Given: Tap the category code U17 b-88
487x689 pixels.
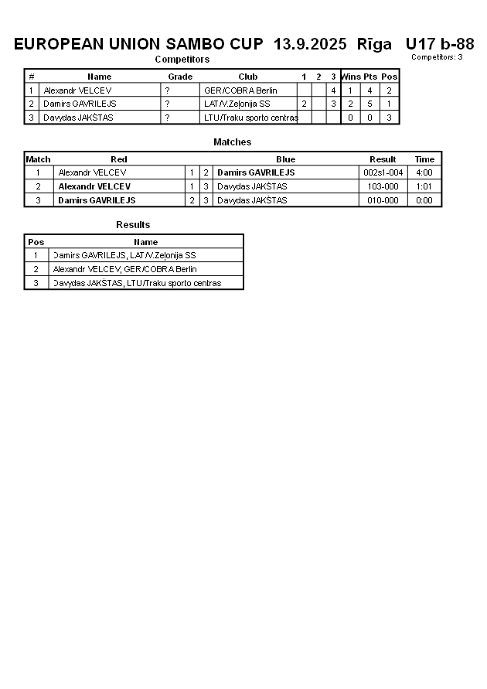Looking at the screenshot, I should pyautogui.click(x=439, y=44).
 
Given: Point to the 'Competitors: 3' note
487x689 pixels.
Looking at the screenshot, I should pyautogui.click(x=437, y=57).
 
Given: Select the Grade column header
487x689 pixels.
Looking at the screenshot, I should pyautogui.click(x=180, y=77).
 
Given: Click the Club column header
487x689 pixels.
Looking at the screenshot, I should pyautogui.click(x=248, y=77).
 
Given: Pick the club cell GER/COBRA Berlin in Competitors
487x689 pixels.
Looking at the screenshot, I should pyautogui.click(x=240, y=90).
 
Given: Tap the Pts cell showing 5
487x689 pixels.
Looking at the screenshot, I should pyautogui.click(x=370, y=104).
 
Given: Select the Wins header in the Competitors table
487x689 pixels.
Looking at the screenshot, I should pyautogui.click(x=351, y=77).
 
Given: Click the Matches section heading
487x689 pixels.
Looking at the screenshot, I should pyautogui.click(x=232, y=142).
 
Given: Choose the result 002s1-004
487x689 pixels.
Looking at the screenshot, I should pyautogui.click(x=383, y=172).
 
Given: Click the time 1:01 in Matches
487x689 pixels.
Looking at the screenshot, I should pyautogui.click(x=424, y=186).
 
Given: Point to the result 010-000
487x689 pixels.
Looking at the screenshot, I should pyautogui.click(x=383, y=200).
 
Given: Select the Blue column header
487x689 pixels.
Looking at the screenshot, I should pyautogui.click(x=285, y=159).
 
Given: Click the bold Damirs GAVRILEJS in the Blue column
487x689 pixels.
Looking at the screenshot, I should pyautogui.click(x=255, y=172).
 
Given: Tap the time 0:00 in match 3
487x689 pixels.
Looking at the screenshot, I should pyautogui.click(x=424, y=200).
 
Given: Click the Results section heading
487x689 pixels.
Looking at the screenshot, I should pyautogui.click(x=133, y=225).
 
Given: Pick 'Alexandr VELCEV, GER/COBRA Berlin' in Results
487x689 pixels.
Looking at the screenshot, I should pyautogui.click(x=124, y=269).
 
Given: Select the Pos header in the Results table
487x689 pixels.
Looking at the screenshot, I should pyautogui.click(x=36, y=242).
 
